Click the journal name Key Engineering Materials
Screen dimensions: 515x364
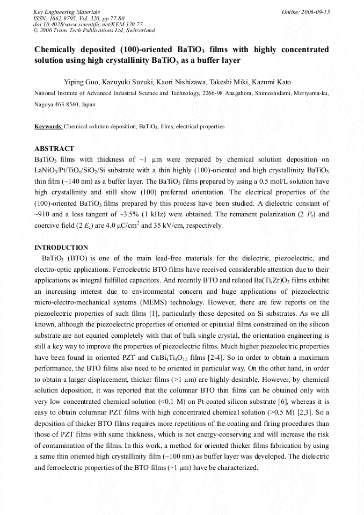pos(67,12)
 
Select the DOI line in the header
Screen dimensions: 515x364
pos(88,24)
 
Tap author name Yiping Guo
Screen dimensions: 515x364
pos(78,82)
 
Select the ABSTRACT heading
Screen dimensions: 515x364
pos(54,149)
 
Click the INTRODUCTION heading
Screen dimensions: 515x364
pos(61,248)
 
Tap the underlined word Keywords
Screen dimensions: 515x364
pos(48,127)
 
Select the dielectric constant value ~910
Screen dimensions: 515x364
pos(43,215)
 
